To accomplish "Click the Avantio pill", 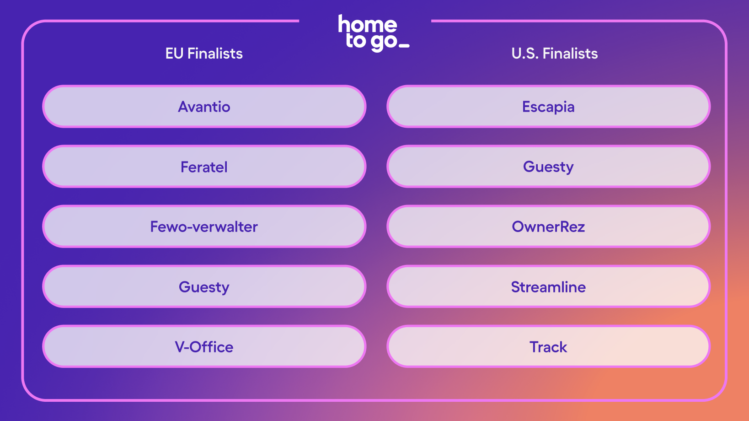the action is (x=204, y=107).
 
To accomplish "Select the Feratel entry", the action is (x=204, y=166).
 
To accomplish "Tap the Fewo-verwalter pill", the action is (x=204, y=226).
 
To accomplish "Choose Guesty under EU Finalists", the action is (x=204, y=286).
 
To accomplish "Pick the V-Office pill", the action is (x=204, y=346).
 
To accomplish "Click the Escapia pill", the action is (x=548, y=107).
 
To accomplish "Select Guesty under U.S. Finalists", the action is (x=548, y=166).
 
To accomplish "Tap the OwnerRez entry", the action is (x=548, y=226).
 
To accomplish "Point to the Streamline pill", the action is (x=548, y=286).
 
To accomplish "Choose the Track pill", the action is (x=548, y=346).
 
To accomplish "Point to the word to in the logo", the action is (x=356, y=40).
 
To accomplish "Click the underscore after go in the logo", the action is (x=404, y=45).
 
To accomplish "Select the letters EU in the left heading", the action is (x=174, y=54).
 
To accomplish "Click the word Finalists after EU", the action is (x=215, y=54).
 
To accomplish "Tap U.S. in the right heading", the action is (x=525, y=54).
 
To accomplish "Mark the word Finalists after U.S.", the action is (x=570, y=54).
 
